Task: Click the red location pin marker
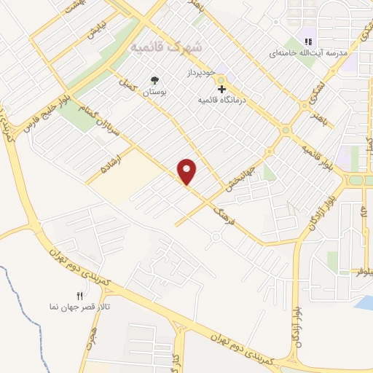pyautogui.click(x=187, y=171)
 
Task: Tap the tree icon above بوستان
pyautogui.click(x=154, y=80)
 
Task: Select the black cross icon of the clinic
pyautogui.click(x=222, y=88)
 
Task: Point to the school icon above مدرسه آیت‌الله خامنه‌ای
pyautogui.click(x=308, y=42)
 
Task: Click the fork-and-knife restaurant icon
pyautogui.click(x=80, y=295)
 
